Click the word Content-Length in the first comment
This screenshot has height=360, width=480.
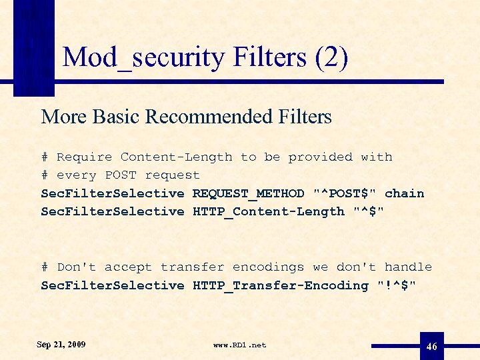[176, 157]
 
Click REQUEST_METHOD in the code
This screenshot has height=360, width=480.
[248, 193]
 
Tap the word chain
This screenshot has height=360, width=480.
[404, 193]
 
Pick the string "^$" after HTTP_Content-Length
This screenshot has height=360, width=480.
[368, 211]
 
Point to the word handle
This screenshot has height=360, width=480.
[408, 267]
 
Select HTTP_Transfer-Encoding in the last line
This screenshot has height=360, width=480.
[280, 285]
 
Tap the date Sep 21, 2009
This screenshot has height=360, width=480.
[61, 345]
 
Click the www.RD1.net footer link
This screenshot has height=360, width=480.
[239, 345]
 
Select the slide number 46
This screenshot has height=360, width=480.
[431, 346]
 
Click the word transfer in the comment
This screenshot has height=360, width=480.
[192, 267]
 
